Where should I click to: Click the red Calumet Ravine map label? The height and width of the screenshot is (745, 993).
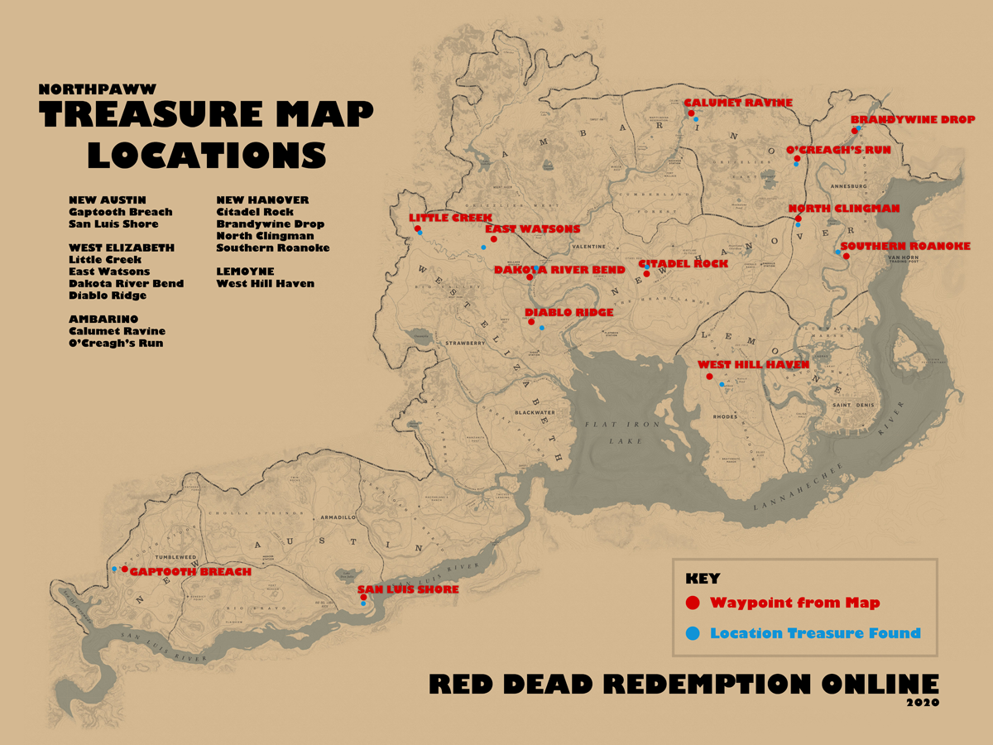click(x=738, y=103)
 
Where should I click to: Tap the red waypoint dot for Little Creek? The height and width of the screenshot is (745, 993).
click(x=418, y=228)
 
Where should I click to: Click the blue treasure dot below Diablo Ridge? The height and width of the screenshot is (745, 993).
click(x=542, y=328)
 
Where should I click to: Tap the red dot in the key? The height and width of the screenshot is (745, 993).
click(x=693, y=603)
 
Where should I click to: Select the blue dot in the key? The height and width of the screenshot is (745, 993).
click(x=693, y=633)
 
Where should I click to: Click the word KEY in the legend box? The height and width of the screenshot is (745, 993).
click(x=703, y=579)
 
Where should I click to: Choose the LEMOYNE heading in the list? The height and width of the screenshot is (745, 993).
click(x=245, y=272)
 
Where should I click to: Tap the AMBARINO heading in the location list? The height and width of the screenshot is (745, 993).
click(x=103, y=319)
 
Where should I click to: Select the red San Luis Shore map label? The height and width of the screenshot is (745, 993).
click(x=408, y=589)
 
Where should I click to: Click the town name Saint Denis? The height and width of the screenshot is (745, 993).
click(x=851, y=405)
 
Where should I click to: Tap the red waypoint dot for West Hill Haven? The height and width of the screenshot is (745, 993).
click(x=709, y=377)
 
